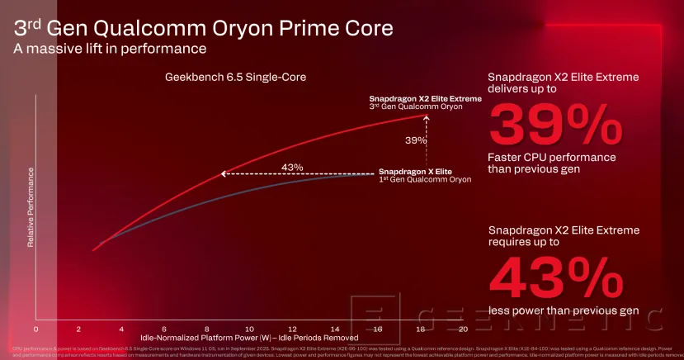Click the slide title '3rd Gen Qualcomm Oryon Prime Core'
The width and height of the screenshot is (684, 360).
201,26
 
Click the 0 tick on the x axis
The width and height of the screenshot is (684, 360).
35,328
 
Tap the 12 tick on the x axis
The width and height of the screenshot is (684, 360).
293,328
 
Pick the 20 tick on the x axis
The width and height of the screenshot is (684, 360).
464,328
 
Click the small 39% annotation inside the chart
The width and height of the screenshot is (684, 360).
416,140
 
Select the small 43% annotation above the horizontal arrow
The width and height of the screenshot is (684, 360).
292,167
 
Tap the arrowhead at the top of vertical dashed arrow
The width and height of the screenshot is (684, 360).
427,119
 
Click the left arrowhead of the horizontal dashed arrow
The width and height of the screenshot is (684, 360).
221,174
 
